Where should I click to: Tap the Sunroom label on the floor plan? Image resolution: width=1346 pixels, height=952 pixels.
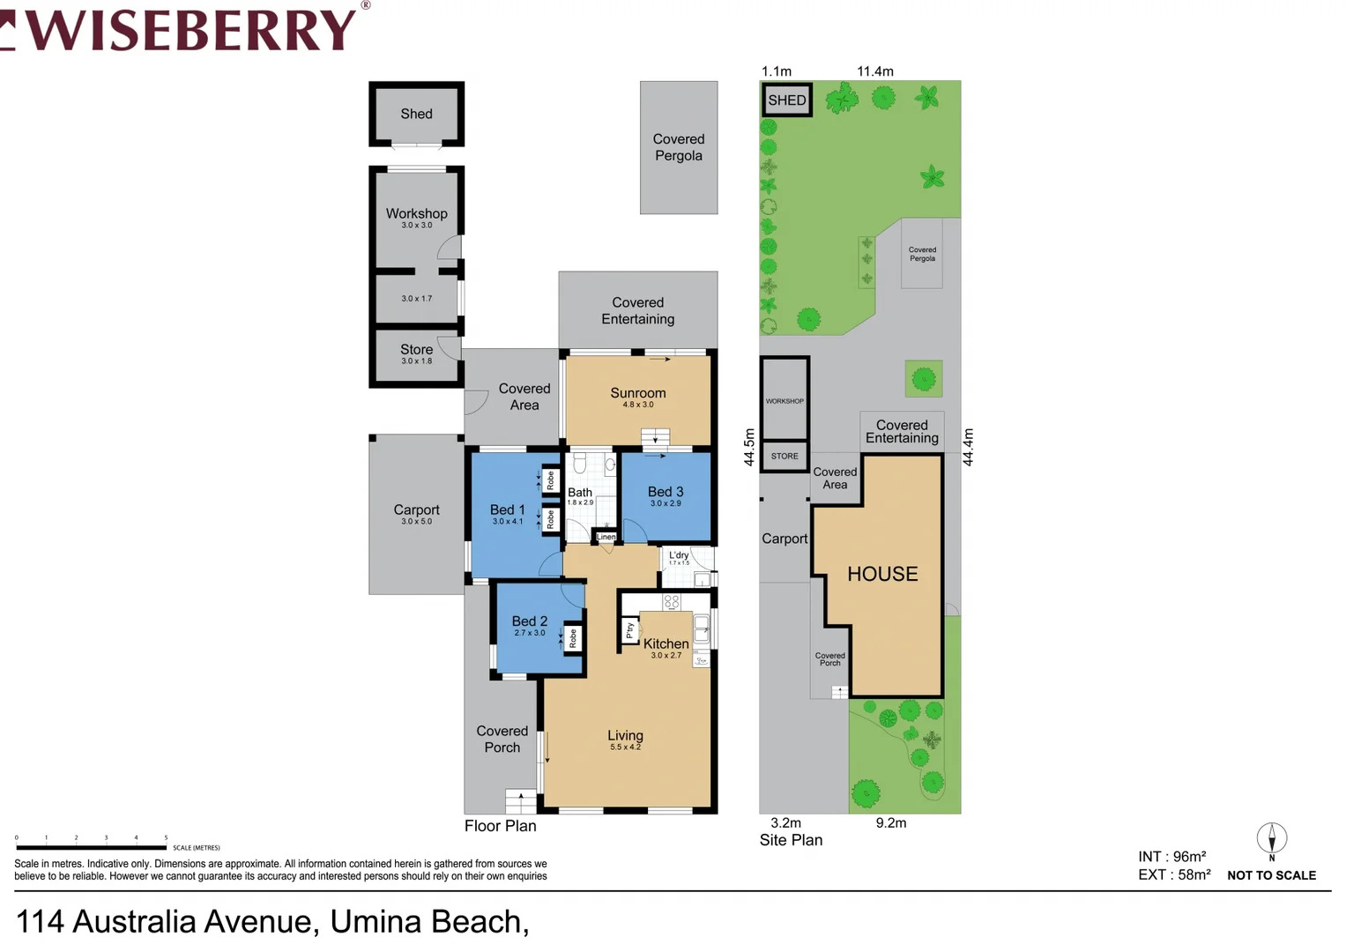point(637,393)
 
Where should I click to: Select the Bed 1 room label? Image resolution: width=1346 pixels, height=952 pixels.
point(507,509)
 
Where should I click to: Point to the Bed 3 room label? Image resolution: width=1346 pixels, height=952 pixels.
point(665,492)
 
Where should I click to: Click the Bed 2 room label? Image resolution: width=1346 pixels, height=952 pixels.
point(529,621)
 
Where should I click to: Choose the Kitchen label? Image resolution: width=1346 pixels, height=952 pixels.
point(666,644)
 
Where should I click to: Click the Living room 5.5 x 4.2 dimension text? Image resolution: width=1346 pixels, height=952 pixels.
point(625,747)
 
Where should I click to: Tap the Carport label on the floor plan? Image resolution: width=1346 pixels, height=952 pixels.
point(416,509)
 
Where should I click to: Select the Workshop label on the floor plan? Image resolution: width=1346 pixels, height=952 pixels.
point(416,213)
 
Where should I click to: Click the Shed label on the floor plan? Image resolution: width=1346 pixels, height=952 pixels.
point(416,114)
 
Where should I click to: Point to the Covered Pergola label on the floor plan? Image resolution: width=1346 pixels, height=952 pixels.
point(678,147)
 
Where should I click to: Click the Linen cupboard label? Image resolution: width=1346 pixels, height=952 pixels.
point(606,537)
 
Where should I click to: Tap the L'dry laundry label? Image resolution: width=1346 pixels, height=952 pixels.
point(679,555)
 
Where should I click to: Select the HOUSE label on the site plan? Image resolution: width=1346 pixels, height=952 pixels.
point(882,574)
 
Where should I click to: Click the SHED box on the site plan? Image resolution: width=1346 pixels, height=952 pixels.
point(786,100)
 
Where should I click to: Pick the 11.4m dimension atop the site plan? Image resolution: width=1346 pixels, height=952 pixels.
point(874,71)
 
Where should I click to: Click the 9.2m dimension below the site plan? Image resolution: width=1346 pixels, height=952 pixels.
point(890,822)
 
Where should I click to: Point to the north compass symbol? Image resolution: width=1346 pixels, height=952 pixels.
point(1271,839)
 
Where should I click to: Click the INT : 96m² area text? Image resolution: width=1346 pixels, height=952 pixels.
point(1171,857)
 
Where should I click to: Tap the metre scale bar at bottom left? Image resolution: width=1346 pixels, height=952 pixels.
point(91,847)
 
